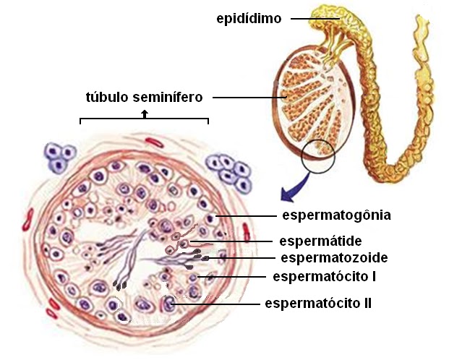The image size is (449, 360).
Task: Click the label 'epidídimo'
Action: [x=249, y=19]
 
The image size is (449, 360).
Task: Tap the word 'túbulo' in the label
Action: [x=107, y=97]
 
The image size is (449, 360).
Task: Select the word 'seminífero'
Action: [x=168, y=97]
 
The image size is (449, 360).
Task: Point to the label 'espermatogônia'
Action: [x=336, y=215]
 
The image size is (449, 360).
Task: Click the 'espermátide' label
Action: [x=320, y=241]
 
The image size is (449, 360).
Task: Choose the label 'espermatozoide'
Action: [x=334, y=258]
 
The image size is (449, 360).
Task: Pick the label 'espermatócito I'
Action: [x=325, y=277]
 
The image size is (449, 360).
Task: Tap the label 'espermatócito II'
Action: [x=318, y=303]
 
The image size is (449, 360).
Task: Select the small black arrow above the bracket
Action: [x=145, y=113]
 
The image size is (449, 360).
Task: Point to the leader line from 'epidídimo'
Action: [x=315, y=19]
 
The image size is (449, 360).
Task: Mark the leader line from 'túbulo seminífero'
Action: [x=249, y=98]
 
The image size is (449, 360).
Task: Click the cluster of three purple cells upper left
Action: [x=60, y=158]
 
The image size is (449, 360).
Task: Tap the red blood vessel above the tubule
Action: [x=154, y=142]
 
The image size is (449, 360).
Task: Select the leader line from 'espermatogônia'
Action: [x=246, y=215]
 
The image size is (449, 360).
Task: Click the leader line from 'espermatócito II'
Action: [x=216, y=304]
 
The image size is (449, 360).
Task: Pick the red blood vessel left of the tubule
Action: [x=27, y=220]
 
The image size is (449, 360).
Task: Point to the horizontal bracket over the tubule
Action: [x=144, y=119]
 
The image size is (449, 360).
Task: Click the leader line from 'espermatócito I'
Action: [x=231, y=277]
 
